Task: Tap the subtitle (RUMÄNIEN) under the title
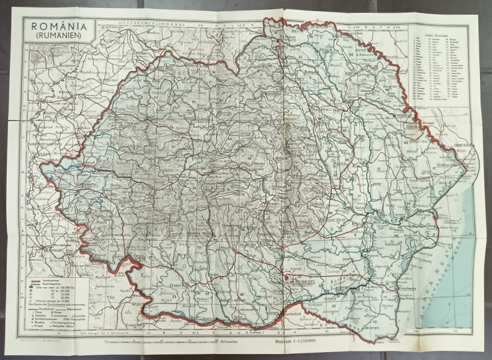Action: [59, 36]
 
